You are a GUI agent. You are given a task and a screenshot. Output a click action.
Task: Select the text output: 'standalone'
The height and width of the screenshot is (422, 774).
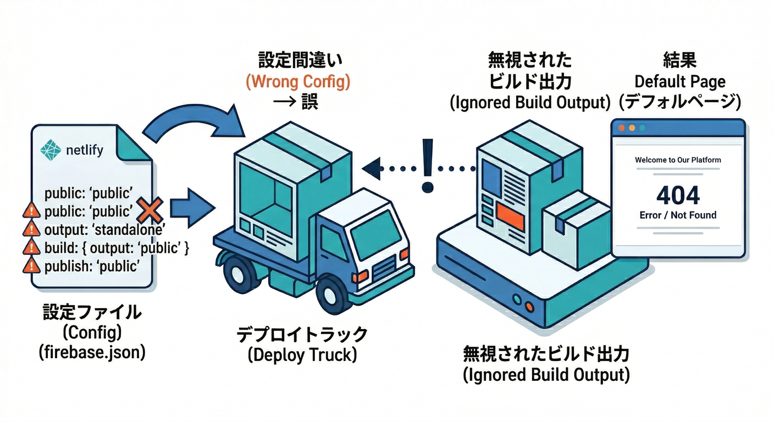(x=105, y=230)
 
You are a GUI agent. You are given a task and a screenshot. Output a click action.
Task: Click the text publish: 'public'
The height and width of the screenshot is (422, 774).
(x=90, y=266)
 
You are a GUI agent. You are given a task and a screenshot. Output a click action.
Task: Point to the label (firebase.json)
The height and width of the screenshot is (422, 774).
(x=92, y=352)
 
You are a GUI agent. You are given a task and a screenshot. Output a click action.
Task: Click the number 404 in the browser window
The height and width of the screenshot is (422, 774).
(x=678, y=195)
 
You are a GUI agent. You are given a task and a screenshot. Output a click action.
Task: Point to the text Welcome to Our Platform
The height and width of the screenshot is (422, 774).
(x=678, y=160)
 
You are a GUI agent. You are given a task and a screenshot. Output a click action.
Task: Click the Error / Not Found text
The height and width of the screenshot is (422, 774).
(x=678, y=215)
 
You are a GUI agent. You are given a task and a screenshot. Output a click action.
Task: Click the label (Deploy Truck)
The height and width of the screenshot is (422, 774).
(x=302, y=355)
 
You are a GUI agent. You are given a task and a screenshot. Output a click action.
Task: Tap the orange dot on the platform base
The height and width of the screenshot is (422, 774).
(x=529, y=306)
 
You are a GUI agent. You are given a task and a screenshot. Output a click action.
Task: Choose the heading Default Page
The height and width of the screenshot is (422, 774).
(x=680, y=82)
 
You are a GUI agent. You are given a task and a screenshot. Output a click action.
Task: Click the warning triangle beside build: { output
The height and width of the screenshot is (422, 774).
(x=31, y=248)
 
